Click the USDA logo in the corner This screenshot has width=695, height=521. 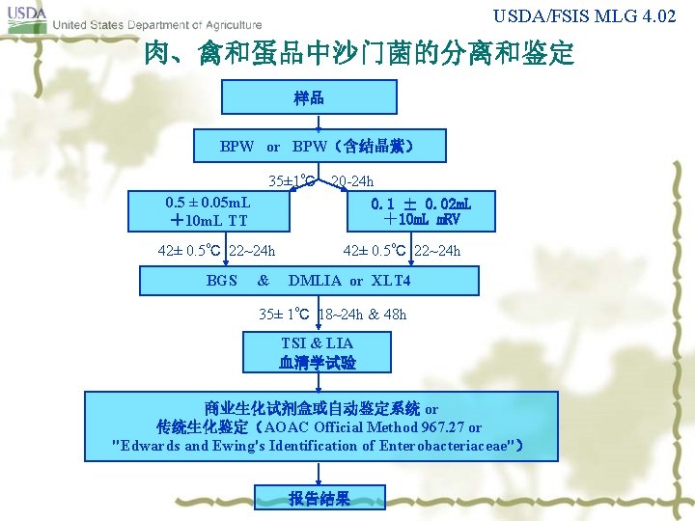click(25, 18)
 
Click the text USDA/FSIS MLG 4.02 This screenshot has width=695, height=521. click(592, 16)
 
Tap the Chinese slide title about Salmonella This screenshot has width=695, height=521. click(358, 54)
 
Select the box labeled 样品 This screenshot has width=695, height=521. click(309, 97)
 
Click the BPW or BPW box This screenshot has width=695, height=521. click(318, 147)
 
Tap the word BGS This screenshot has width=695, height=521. click(222, 281)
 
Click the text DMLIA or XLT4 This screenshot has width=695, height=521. click(349, 281)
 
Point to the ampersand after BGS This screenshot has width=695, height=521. click(263, 281)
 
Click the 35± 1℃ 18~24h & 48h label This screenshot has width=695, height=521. click(333, 314)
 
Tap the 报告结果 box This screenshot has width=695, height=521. click(319, 498)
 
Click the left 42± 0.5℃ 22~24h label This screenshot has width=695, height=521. click(216, 252)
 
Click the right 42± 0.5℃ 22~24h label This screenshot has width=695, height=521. click(402, 252)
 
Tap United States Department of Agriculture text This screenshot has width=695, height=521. click(155, 25)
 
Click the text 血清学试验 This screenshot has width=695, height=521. click(317, 363)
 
